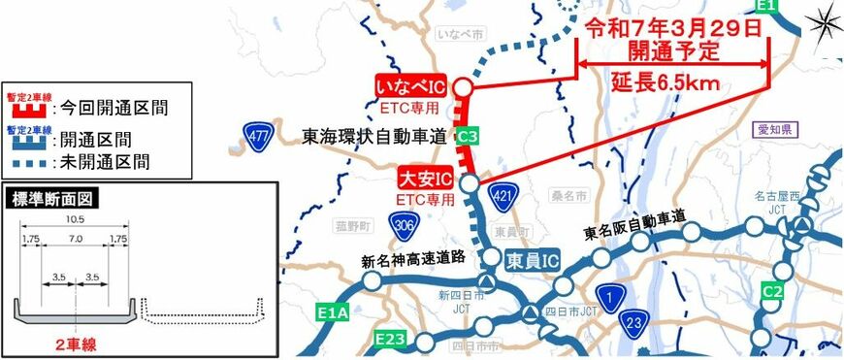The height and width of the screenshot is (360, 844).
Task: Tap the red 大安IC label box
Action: (x=426, y=180)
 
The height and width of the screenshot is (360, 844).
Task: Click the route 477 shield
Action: (x=257, y=134)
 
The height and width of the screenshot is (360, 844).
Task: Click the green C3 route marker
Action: (x=467, y=138)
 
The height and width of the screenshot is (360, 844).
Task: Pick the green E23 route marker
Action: (x=390, y=340)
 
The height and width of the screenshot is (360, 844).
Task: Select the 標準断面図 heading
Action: (x=49, y=202)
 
